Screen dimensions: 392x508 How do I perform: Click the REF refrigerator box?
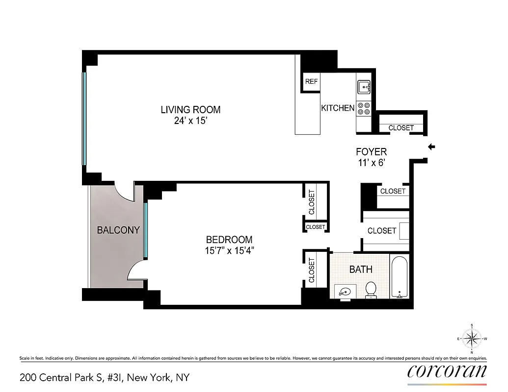pos(311,81)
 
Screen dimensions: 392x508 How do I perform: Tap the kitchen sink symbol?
pos(364,87)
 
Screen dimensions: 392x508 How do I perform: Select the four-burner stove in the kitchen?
pos(364,108)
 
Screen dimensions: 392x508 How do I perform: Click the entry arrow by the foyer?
pos(431,147)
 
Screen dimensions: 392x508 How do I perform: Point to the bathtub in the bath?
pos(400,277)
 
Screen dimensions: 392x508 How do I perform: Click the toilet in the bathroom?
pos(371,289)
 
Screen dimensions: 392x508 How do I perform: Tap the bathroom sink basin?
pos(346,292)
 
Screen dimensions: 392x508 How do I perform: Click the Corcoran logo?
pos(447,371)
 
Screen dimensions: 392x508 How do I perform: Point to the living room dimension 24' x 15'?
pos(190,121)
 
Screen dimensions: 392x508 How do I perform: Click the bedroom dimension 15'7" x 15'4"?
pos(229,251)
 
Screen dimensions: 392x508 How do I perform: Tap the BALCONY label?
pos(118,230)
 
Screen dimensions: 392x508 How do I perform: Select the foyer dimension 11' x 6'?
pos(371,163)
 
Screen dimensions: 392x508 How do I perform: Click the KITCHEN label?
pos(338,108)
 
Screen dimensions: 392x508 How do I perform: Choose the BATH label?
pos(361,269)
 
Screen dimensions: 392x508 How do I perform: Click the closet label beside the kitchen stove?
pos(401,128)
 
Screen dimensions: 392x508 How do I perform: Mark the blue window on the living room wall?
pos(84,119)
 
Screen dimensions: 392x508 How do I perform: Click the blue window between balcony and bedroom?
pos(145,230)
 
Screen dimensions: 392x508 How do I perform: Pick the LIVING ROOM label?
pos(190,109)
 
